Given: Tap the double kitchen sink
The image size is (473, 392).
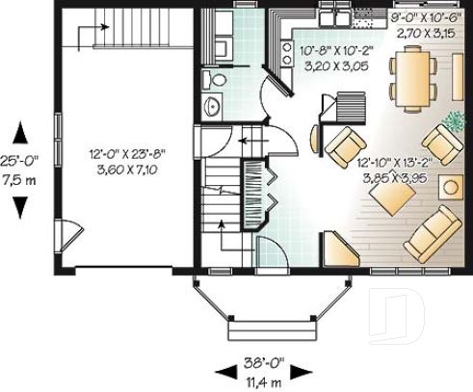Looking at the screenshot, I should tap(334, 15).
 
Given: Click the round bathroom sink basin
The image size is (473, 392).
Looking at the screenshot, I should tap(213, 105).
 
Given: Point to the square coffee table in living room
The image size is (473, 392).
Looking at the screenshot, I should tap(393, 198).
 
